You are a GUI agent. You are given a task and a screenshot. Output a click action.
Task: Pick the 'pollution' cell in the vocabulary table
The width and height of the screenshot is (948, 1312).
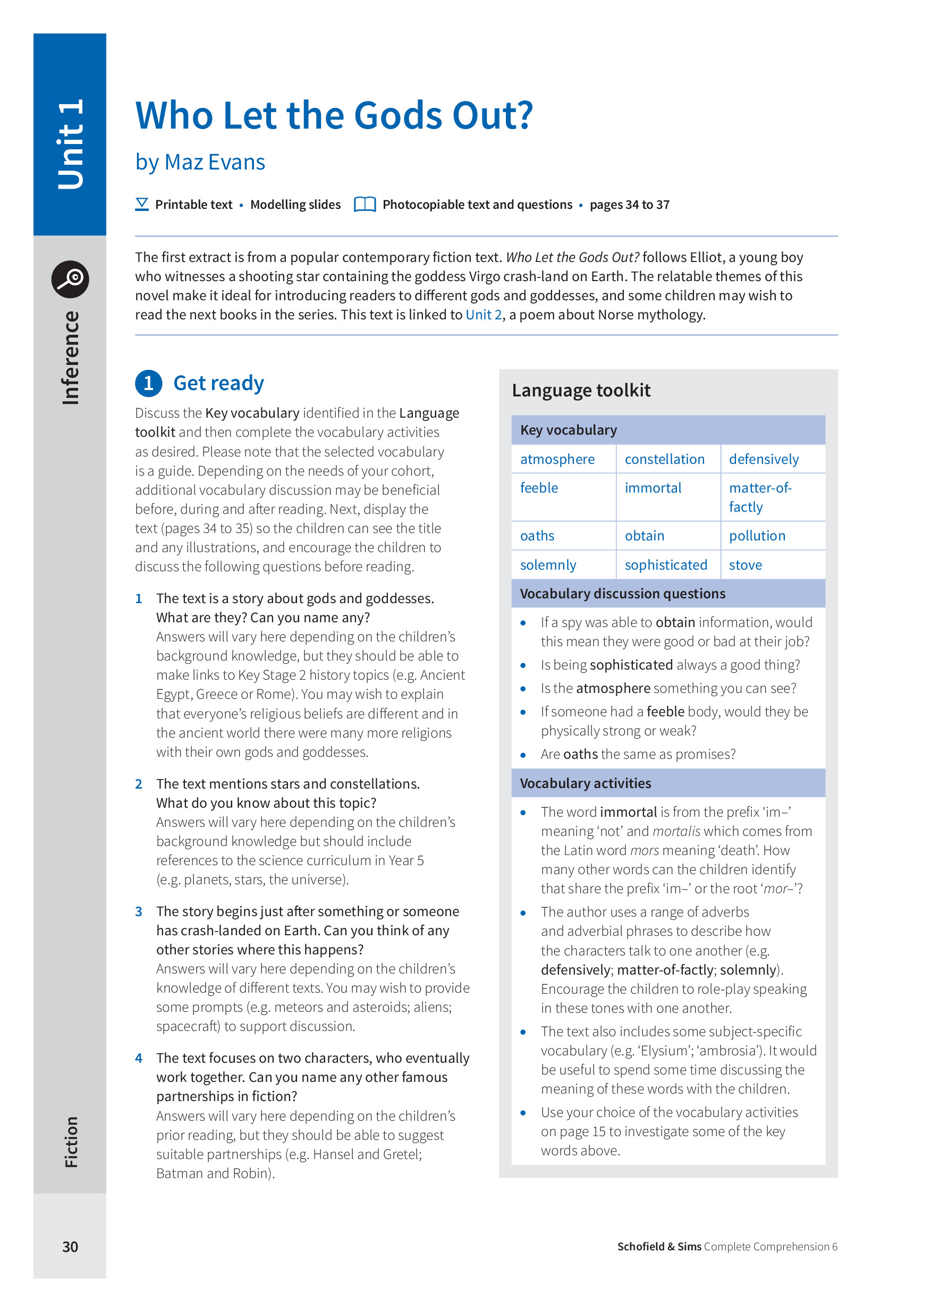point(757,536)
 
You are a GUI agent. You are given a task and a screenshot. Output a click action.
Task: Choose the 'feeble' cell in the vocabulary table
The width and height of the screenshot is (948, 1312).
point(538,488)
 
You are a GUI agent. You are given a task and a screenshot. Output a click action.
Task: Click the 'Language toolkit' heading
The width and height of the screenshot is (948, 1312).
point(581,391)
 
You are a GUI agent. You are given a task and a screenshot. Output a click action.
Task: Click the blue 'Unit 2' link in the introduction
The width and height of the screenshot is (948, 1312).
point(483,315)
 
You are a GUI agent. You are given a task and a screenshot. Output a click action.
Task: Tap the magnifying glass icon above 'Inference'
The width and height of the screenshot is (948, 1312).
point(70,279)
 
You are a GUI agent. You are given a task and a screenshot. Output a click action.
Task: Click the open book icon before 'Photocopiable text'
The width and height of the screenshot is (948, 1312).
point(365,204)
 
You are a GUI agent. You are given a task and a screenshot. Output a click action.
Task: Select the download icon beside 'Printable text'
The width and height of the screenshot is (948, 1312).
point(142,204)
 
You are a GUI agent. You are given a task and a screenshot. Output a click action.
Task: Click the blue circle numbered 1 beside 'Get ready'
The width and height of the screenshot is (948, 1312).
point(149,383)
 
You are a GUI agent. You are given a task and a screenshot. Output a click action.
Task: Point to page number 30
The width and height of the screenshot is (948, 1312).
point(70,1247)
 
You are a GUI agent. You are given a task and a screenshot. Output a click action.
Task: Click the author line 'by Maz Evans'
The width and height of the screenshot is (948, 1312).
point(200,162)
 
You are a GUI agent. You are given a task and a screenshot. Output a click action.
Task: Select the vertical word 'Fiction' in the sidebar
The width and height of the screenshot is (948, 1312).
point(71,1142)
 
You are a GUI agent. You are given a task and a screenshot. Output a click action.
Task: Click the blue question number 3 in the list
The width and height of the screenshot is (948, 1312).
point(139,912)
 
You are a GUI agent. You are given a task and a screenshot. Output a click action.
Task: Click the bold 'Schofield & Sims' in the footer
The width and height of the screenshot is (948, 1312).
point(659,1247)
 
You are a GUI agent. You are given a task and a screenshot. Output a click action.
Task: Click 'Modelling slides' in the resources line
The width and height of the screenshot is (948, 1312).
point(295,204)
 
